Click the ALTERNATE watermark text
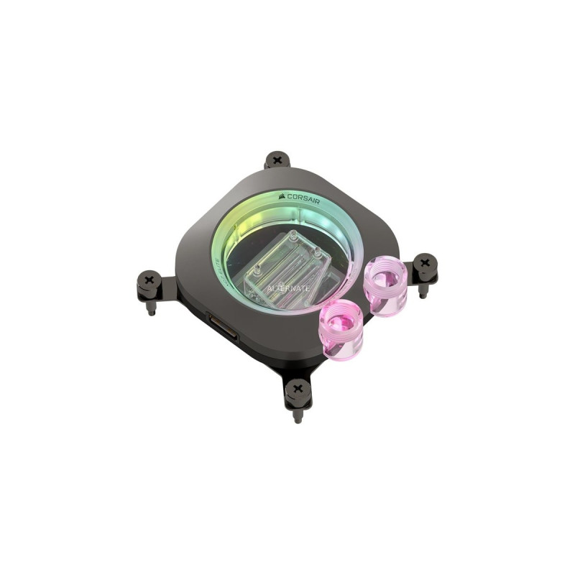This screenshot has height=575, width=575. tap(288, 287)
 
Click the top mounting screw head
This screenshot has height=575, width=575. tap(277, 160)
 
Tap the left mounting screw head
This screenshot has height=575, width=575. tap(149, 279)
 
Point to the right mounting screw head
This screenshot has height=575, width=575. tap(425, 263)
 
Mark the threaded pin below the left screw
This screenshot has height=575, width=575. tap(153, 308)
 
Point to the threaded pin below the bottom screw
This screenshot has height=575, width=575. tap(298, 415)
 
